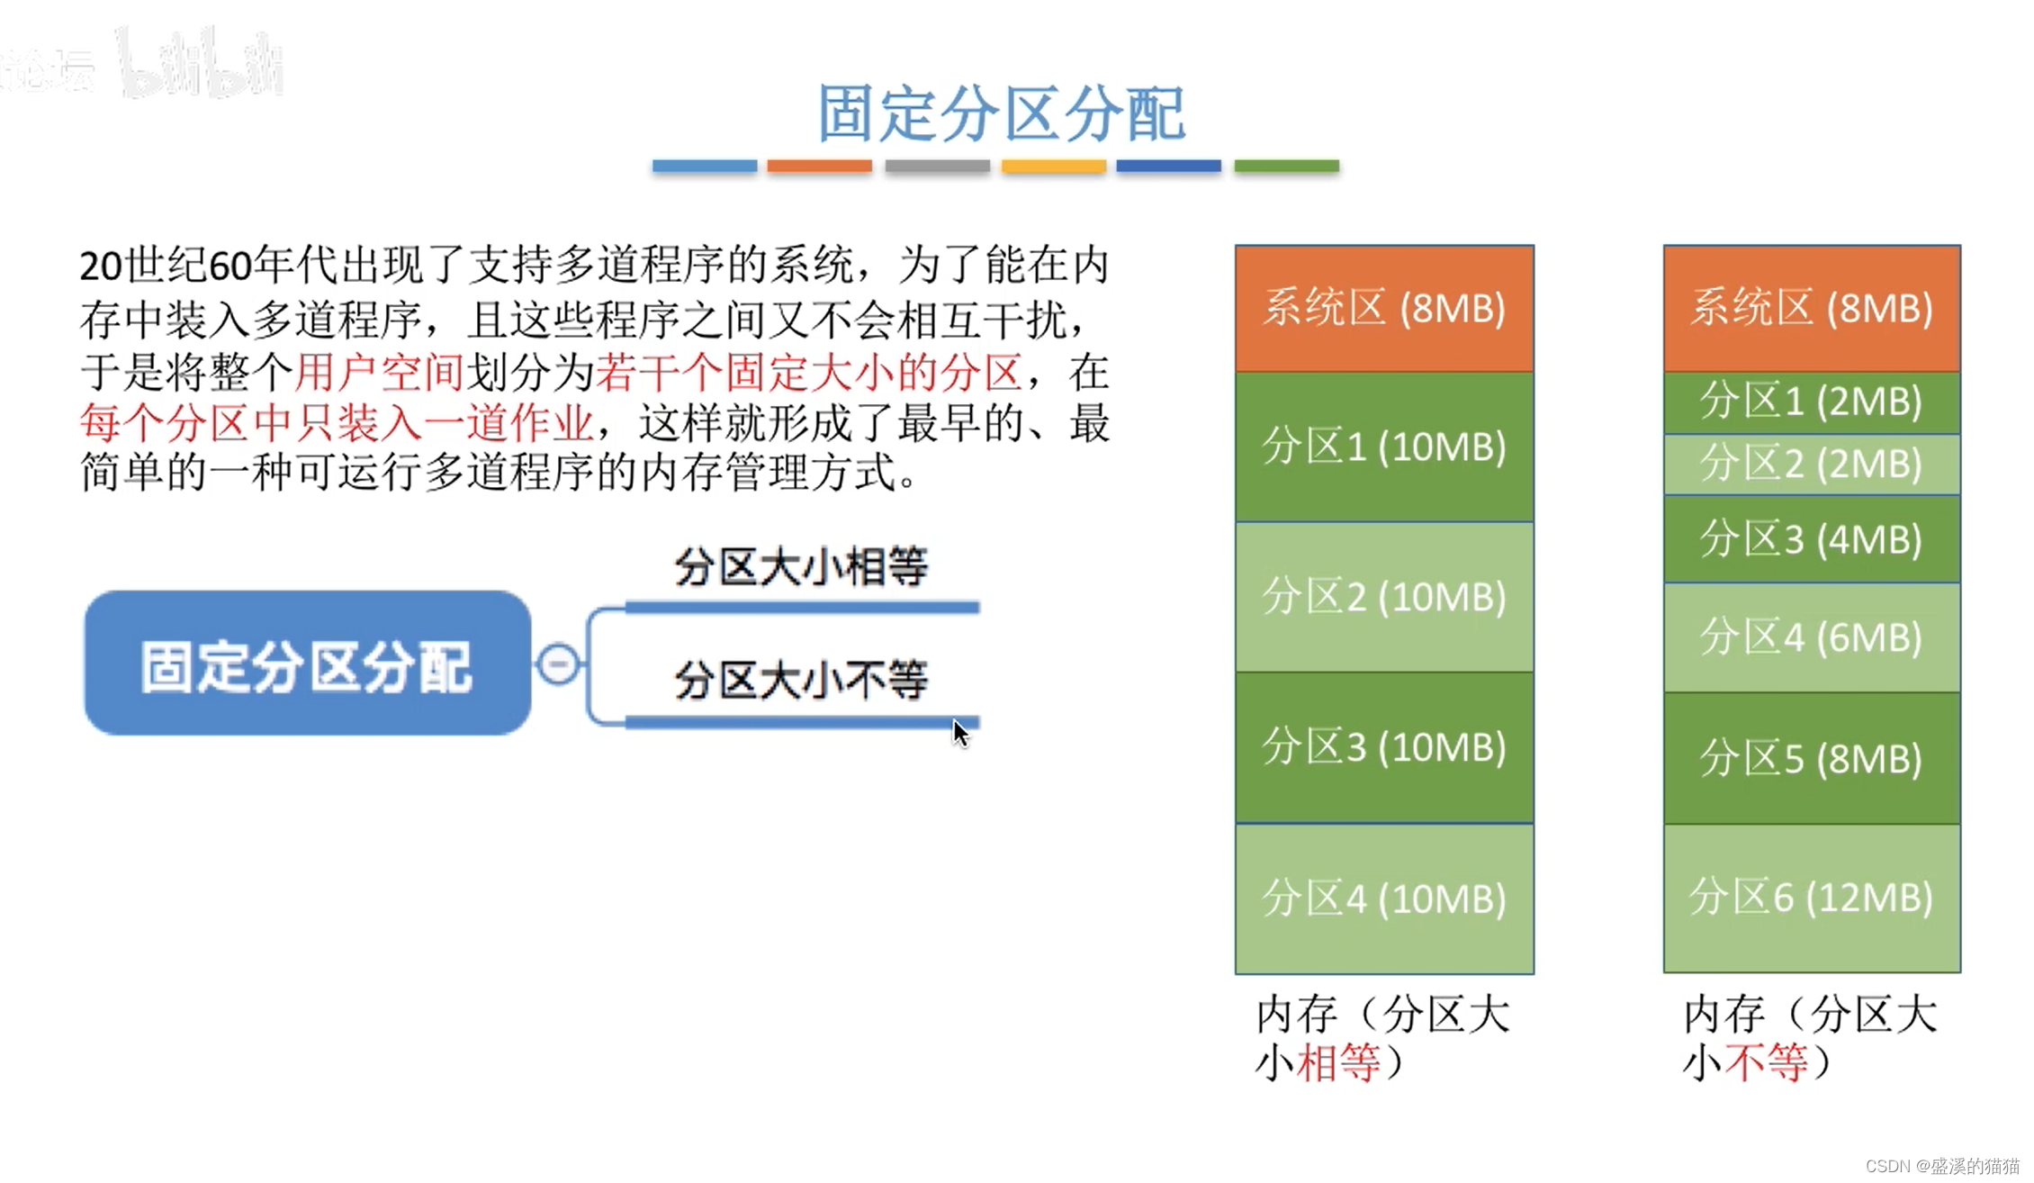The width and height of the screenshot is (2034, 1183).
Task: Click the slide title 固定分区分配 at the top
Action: (x=1001, y=114)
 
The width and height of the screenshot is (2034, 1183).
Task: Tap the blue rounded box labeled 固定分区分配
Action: (x=307, y=664)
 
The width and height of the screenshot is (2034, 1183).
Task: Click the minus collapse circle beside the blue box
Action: (x=558, y=664)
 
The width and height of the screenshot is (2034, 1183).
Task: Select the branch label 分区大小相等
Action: (x=801, y=567)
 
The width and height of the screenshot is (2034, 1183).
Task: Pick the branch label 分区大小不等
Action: (x=801, y=680)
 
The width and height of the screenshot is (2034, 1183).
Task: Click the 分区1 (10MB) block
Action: (x=1384, y=447)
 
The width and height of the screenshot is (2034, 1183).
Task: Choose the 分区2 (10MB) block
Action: (x=1384, y=597)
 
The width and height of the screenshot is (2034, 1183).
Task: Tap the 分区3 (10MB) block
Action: (x=1384, y=747)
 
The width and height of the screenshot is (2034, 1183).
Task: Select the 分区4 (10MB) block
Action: (x=1384, y=899)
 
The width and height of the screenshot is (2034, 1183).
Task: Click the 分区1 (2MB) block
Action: (x=1811, y=402)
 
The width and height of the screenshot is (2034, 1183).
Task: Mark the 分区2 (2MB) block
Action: (x=1811, y=465)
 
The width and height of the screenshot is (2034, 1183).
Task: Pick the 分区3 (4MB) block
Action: (x=1811, y=539)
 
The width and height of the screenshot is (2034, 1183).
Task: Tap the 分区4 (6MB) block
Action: (x=1811, y=637)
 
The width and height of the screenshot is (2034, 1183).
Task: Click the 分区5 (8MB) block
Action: (x=1811, y=758)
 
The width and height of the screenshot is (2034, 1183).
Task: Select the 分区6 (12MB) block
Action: (x=1811, y=898)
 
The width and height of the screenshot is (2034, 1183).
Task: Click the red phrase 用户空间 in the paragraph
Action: (x=379, y=372)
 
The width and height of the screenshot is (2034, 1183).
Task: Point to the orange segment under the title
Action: (x=819, y=166)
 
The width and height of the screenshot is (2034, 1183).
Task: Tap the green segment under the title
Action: (x=1286, y=166)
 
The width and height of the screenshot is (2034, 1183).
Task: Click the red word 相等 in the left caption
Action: (x=1337, y=1062)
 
